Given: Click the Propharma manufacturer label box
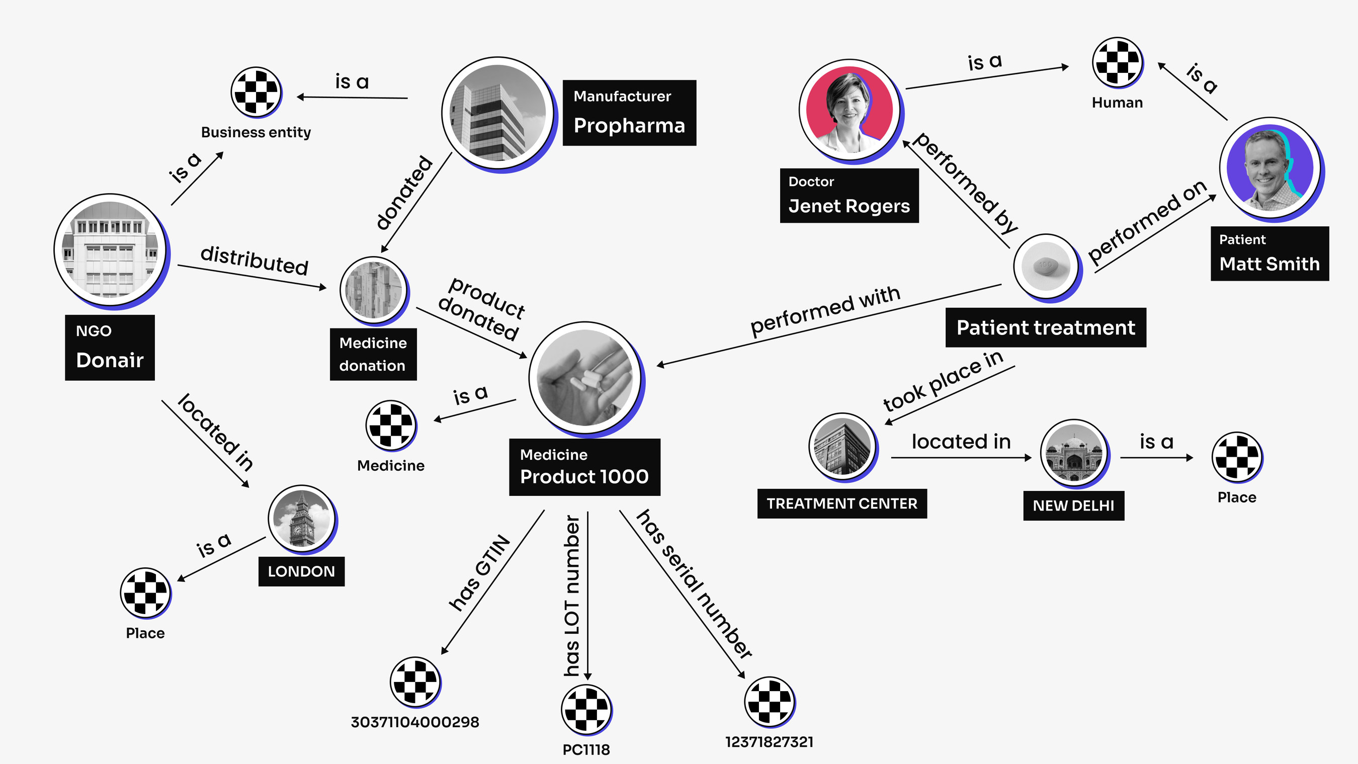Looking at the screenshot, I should pyautogui.click(x=629, y=113).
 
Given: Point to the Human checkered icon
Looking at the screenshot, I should pyautogui.click(x=1117, y=62).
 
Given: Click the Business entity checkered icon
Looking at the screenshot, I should pyautogui.click(x=256, y=92).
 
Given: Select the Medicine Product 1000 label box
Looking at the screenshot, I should pyautogui.click(x=584, y=467).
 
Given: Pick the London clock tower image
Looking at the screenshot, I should pyautogui.click(x=302, y=519).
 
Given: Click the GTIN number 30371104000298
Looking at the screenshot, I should pyautogui.click(x=415, y=722).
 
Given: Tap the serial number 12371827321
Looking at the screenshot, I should pyautogui.click(x=769, y=742).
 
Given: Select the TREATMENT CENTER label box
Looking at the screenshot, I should pyautogui.click(x=841, y=503).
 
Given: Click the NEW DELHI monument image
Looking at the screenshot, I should pyautogui.click(x=1073, y=452).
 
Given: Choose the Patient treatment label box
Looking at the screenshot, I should pyautogui.click(x=1045, y=327).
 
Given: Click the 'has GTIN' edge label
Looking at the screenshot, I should pyautogui.click(x=479, y=573).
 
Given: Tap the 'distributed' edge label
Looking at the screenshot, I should pyautogui.click(x=254, y=261).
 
